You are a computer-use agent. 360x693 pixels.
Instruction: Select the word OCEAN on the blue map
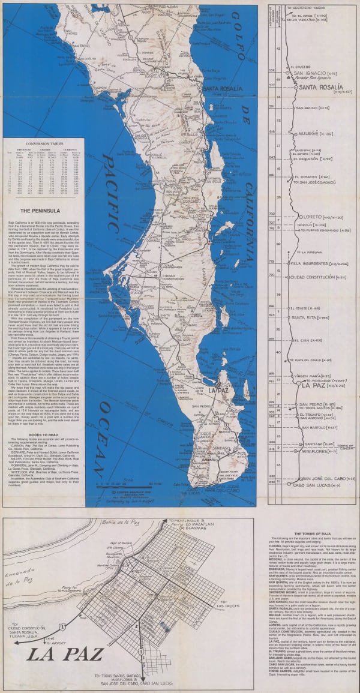tap(106, 429)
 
